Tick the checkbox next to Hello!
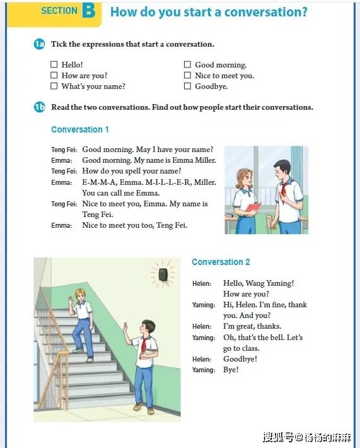(54, 64)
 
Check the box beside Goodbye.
(187, 86)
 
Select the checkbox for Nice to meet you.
(187, 75)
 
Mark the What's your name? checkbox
(54, 86)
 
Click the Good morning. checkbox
(187, 64)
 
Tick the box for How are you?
(54, 75)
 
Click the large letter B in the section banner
(88, 11)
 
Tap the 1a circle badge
(39, 44)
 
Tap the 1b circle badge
(39, 107)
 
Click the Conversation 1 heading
(80, 129)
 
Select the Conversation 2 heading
(221, 262)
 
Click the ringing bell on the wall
(163, 274)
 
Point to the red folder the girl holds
(253, 208)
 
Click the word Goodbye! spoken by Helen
(240, 359)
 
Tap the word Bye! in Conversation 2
(231, 370)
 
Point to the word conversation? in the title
(266, 12)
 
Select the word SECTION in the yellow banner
(59, 11)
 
